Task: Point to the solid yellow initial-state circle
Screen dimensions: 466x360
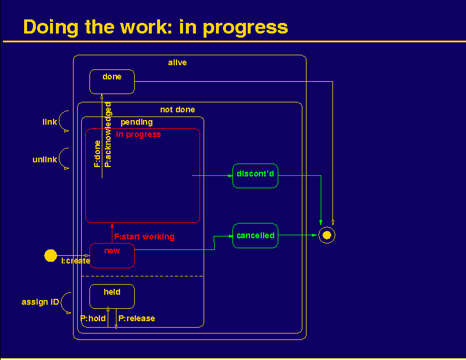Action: click(x=51, y=255)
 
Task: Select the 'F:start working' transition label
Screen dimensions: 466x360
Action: click(x=144, y=236)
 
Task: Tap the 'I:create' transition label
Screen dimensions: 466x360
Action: click(x=75, y=261)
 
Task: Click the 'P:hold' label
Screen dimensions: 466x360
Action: click(x=93, y=318)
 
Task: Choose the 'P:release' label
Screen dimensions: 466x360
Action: click(x=137, y=318)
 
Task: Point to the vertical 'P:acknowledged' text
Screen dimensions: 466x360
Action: click(x=108, y=135)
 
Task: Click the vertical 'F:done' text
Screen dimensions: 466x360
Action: click(x=97, y=154)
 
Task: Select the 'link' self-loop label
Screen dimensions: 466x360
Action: click(x=49, y=122)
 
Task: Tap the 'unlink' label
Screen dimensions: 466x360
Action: click(x=45, y=159)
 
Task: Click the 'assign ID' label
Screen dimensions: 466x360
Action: click(x=40, y=302)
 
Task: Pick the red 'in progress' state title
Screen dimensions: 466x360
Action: click(x=138, y=135)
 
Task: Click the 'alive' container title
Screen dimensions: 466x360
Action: click(x=178, y=63)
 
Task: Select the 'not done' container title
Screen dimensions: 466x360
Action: click(x=178, y=109)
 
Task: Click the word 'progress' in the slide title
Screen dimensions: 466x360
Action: click(x=245, y=28)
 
